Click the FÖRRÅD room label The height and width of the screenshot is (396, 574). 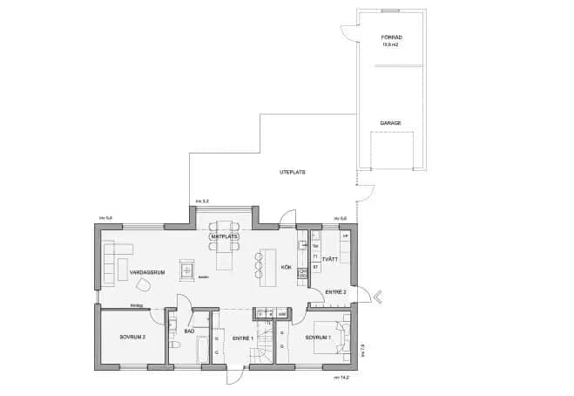click(x=390, y=38)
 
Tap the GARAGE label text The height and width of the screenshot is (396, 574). click(x=390, y=123)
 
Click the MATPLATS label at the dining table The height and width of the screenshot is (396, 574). click(x=224, y=236)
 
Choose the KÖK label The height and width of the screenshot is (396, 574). click(x=286, y=267)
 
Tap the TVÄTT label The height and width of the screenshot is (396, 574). click(x=330, y=259)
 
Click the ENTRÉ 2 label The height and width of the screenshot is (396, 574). click(x=335, y=291)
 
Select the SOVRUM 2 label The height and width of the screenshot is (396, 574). click(x=132, y=336)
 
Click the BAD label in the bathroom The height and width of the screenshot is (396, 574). click(x=189, y=331)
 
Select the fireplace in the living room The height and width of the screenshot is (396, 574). click(x=186, y=271)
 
